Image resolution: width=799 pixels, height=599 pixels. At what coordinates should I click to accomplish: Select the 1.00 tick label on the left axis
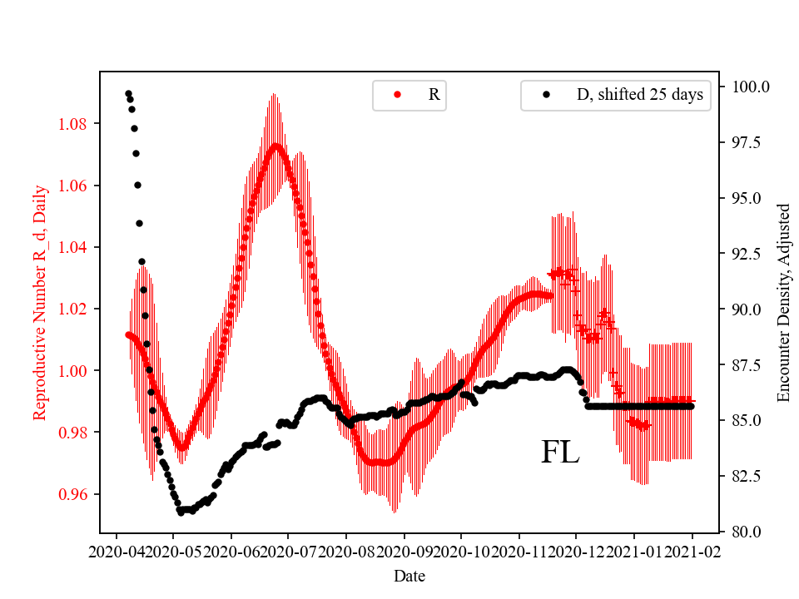pos(76,370)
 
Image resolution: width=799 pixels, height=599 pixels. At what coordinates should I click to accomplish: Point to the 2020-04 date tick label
pos(117,551)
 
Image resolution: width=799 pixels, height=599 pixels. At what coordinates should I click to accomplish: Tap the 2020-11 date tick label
pos(519,551)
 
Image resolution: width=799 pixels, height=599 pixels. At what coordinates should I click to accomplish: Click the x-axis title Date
pos(409,575)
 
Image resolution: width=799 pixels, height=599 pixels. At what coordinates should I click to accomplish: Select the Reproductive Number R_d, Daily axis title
pos(39,303)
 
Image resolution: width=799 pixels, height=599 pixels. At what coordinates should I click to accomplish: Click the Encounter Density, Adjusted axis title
pos(782,303)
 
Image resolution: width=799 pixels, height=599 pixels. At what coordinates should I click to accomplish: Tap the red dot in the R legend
pos(397,95)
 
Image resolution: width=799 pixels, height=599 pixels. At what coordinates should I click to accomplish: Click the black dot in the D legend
pos(546,95)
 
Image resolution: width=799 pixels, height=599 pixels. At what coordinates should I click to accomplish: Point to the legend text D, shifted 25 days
pos(639,95)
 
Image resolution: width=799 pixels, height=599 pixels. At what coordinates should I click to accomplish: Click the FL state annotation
pos(560,453)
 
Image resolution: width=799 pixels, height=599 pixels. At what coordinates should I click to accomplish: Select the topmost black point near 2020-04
pos(128,93)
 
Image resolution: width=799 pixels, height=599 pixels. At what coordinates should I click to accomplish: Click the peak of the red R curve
pos(275,146)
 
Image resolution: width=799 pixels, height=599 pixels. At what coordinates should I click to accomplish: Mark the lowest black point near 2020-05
pos(181,512)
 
